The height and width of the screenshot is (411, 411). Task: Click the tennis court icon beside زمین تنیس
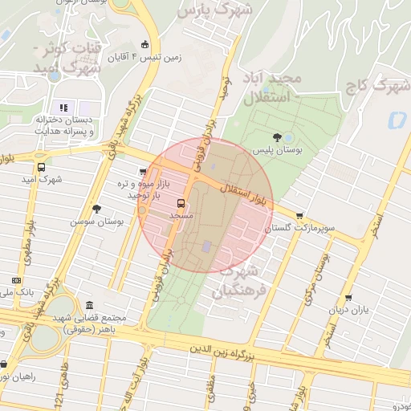tap(144, 44)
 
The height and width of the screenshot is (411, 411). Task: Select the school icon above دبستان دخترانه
tap(63, 108)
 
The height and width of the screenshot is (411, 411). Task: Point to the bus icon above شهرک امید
tap(42, 167)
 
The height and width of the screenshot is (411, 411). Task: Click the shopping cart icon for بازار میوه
tap(143, 171)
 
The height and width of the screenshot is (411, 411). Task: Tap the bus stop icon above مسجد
tap(180, 203)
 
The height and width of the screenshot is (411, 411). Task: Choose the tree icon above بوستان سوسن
tap(96, 209)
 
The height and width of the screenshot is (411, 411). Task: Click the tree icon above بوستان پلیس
tap(277, 137)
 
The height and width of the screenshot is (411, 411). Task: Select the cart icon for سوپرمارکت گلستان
tap(300, 215)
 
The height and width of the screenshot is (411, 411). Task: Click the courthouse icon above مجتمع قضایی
tap(87, 306)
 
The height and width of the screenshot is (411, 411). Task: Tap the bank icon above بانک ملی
tap(16, 280)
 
